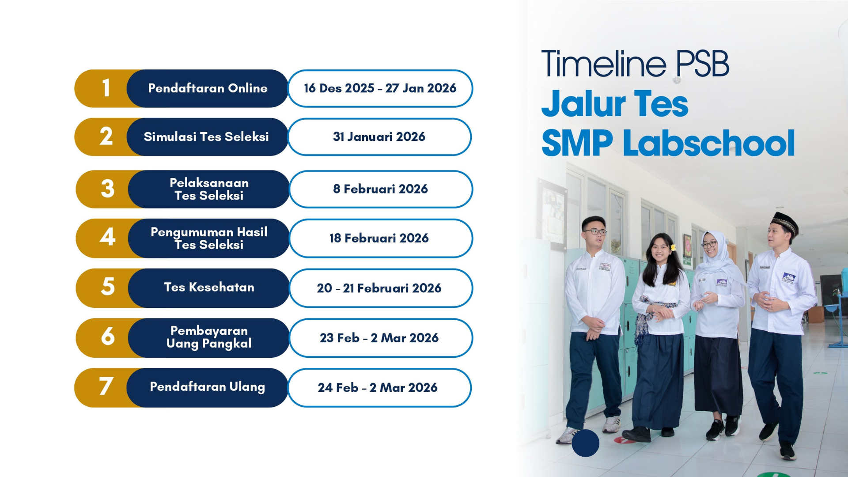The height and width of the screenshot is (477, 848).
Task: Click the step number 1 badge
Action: coord(106,88)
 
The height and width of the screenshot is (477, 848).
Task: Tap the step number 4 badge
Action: coord(107,238)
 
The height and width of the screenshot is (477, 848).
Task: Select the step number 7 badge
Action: coord(106,387)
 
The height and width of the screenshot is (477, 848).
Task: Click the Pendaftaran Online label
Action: coord(208,88)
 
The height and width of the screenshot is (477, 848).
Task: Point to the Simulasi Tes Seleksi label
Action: coord(206,137)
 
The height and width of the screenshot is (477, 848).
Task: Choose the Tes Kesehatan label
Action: coord(209,287)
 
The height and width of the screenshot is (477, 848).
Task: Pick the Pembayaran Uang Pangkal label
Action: coord(209,337)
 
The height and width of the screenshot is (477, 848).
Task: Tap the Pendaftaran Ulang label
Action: coord(207,387)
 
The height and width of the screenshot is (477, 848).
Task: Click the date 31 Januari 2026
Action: coord(379,137)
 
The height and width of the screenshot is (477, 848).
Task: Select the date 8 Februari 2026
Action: coord(380,189)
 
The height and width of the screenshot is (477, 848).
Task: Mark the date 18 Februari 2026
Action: coord(379,238)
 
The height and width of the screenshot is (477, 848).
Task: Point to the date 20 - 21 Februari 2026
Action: coord(379,288)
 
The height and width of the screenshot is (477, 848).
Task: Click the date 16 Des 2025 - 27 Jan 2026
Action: coord(380,88)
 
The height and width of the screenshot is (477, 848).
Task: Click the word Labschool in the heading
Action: coord(709,143)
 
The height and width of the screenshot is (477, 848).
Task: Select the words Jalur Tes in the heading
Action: coord(615,104)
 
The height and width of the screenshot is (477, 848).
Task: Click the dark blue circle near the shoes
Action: coord(585,443)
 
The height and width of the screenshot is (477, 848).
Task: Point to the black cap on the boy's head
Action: coord(785,222)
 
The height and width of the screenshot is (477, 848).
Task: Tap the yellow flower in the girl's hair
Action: coord(673,247)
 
